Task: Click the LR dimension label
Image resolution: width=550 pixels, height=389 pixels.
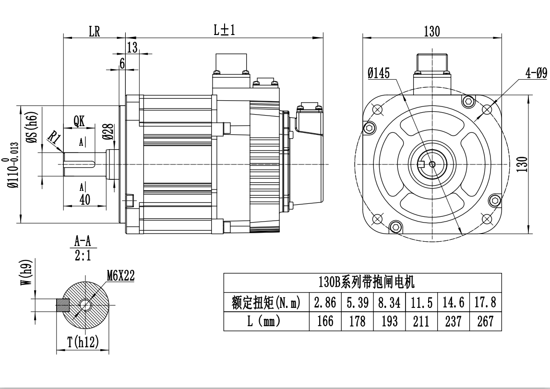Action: pyautogui.click(x=94, y=32)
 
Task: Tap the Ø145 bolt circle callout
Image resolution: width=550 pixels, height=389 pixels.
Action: pyautogui.click(x=379, y=73)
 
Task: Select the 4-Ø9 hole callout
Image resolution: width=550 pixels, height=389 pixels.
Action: pyautogui.click(x=536, y=73)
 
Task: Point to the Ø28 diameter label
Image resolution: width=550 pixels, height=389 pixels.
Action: pyautogui.click(x=108, y=131)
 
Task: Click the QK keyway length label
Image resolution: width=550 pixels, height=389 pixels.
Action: pyautogui.click(x=79, y=121)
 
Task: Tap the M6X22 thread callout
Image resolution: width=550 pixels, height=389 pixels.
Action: pyautogui.click(x=121, y=275)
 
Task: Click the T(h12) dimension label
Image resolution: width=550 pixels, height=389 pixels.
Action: pyautogui.click(x=83, y=342)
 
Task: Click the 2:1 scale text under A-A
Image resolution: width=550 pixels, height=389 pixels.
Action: pyautogui.click(x=83, y=256)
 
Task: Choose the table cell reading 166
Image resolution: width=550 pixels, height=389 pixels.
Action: pyautogui.click(x=325, y=321)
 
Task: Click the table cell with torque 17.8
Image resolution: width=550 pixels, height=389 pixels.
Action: pyautogui.click(x=485, y=303)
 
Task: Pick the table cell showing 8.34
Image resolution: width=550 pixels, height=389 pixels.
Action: pyautogui.click(x=389, y=303)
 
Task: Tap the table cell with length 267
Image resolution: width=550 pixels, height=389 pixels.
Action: pyautogui.click(x=485, y=321)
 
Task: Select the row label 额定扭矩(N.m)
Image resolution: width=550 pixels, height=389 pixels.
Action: pyautogui.click(x=266, y=303)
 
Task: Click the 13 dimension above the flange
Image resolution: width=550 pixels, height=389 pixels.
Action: pyautogui.click(x=132, y=47)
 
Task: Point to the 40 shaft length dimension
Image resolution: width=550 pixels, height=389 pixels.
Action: pyautogui.click(x=84, y=200)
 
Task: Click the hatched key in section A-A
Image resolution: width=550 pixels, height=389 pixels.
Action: pyautogui.click(x=63, y=305)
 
